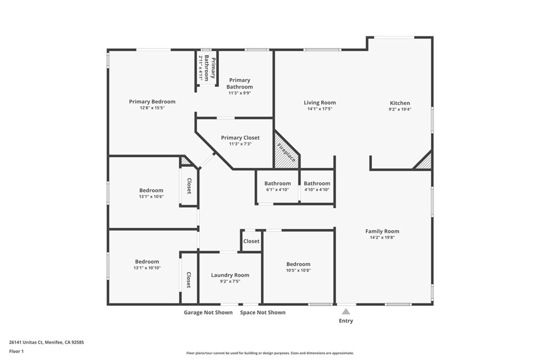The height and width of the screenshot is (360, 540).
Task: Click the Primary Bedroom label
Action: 152,102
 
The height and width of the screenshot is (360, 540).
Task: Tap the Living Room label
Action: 320,103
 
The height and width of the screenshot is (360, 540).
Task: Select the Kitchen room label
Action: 400,103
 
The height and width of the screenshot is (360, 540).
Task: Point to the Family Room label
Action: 382,231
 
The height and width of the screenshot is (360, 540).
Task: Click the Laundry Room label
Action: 230,275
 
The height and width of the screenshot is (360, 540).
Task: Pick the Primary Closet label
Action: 240,138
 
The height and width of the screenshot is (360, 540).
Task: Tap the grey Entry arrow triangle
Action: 346,312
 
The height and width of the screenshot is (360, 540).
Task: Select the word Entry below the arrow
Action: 346,321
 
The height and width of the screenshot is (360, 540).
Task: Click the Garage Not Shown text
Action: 208,313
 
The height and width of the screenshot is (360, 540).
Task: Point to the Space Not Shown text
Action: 263,313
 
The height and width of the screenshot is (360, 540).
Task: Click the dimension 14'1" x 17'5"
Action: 320,109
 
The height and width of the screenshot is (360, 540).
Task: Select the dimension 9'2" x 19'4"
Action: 400,110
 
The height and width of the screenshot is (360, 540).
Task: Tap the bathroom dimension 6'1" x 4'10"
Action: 277,190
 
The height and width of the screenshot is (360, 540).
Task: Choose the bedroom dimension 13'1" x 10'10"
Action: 147,268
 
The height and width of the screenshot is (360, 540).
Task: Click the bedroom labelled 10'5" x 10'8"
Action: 298,264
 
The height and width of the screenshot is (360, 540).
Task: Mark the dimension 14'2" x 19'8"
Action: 382,238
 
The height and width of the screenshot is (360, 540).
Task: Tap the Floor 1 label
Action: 16,351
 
